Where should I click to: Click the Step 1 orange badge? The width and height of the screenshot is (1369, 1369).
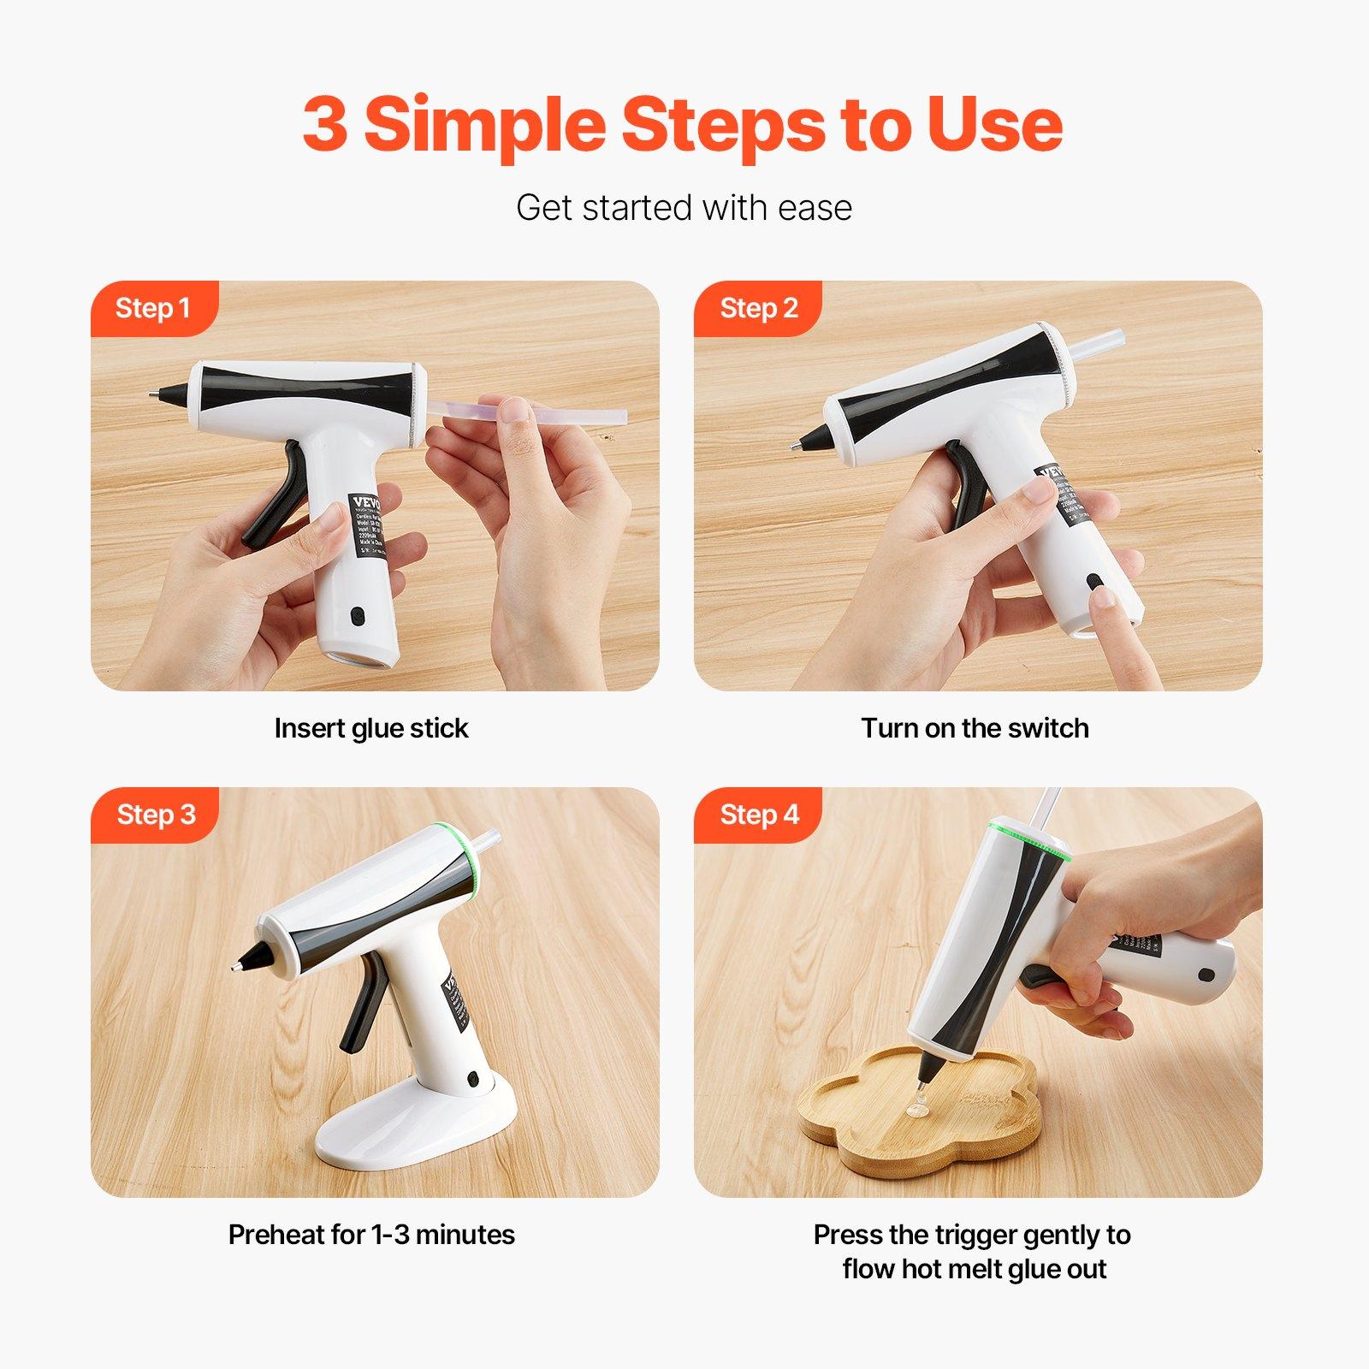tap(153, 308)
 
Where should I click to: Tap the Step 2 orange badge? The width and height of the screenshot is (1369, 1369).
tap(758, 308)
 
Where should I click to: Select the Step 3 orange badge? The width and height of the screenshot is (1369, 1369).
tap(155, 815)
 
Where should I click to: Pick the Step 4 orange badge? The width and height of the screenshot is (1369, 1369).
tap(758, 815)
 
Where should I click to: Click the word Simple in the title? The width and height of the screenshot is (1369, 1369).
tap(485, 125)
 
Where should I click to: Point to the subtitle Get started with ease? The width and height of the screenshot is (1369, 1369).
tap(684, 208)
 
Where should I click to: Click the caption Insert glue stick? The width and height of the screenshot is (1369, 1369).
tap(371, 728)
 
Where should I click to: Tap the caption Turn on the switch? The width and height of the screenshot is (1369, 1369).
tap(975, 728)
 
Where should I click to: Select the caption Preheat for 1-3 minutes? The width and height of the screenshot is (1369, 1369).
tap(371, 1235)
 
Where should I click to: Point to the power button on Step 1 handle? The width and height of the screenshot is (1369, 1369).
tap(358, 614)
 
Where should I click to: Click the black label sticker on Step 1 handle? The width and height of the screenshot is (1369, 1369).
tap(370, 524)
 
